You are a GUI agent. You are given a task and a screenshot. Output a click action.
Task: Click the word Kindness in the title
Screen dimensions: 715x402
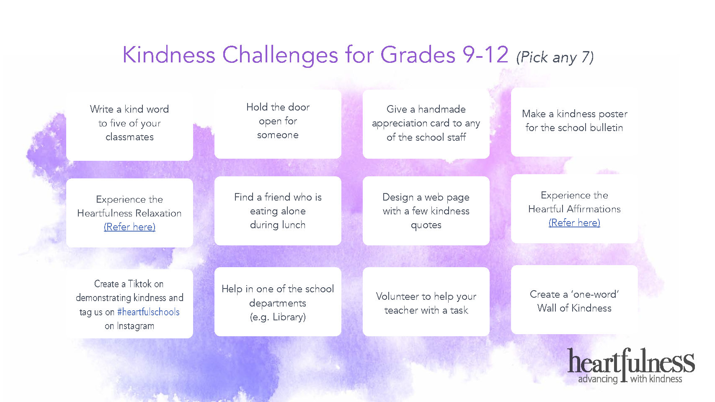(169, 54)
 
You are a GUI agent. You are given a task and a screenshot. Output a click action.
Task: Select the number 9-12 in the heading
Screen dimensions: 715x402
(485, 54)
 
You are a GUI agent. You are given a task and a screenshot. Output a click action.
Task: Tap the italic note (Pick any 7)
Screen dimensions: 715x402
(555, 57)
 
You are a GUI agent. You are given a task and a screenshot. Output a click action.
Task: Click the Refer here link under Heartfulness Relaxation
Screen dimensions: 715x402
(129, 227)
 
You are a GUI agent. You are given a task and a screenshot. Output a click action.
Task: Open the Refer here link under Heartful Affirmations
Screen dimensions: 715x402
(574, 223)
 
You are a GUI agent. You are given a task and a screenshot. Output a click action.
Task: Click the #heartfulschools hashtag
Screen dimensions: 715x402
(148, 312)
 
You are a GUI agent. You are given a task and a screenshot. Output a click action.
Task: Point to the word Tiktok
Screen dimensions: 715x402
(140, 283)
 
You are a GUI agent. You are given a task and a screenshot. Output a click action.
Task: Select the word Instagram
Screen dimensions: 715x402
(135, 326)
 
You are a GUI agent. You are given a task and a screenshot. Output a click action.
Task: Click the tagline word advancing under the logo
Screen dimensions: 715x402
(598, 379)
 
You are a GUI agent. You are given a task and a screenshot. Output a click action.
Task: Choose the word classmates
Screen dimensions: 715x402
(129, 137)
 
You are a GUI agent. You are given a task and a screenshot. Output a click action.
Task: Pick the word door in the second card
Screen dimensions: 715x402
(299, 107)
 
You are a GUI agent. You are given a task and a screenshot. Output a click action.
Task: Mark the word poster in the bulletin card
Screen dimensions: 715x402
(613, 114)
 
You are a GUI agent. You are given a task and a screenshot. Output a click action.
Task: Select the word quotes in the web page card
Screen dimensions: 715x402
(426, 225)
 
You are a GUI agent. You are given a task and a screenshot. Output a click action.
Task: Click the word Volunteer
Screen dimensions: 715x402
(398, 296)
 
